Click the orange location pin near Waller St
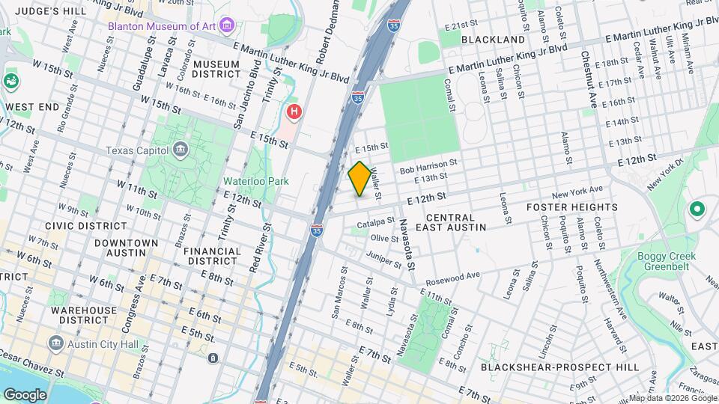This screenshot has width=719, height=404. (359, 178)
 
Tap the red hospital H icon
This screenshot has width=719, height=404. (295, 113)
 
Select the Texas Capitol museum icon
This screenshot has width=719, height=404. (180, 150)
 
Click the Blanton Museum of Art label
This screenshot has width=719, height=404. (162, 26)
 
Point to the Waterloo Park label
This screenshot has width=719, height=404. (255, 181)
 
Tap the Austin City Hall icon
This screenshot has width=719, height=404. (55, 343)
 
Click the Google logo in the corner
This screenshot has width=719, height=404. (25, 394)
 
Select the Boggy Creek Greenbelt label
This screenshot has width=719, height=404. (667, 262)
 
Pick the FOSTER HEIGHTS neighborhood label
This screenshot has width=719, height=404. (571, 207)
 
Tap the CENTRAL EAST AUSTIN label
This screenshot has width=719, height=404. (451, 221)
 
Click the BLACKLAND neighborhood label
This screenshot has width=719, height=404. (493, 40)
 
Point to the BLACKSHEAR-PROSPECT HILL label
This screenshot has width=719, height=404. (560, 367)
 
